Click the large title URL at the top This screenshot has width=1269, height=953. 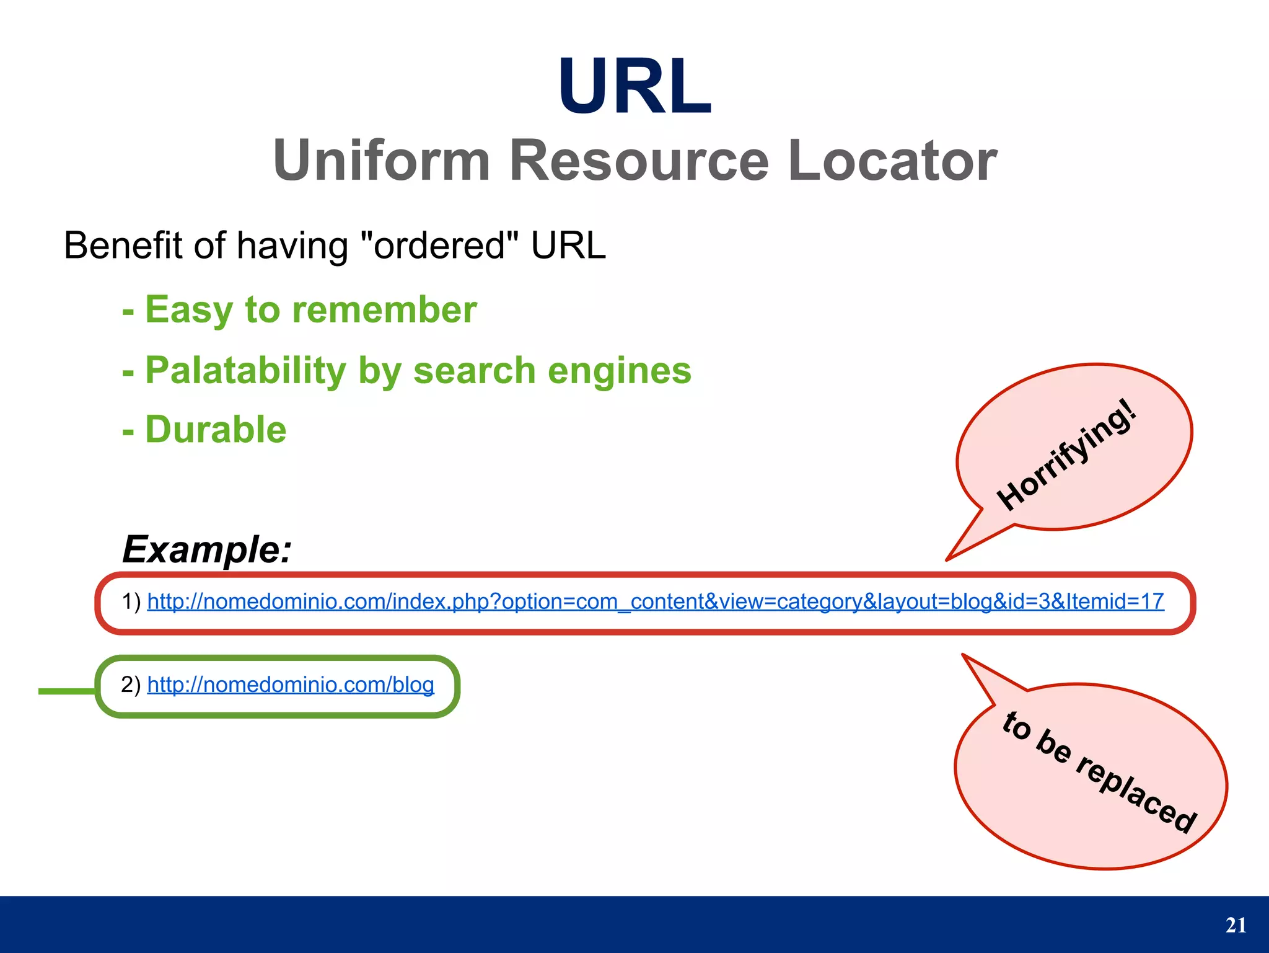(x=634, y=87)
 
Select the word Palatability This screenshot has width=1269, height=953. (x=245, y=371)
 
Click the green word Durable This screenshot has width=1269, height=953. (x=216, y=430)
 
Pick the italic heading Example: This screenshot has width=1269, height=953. (x=207, y=549)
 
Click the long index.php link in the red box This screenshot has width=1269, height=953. (x=656, y=601)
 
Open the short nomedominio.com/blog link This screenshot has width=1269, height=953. (x=291, y=685)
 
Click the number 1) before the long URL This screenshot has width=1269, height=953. (x=131, y=601)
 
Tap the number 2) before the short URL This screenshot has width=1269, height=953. (x=131, y=685)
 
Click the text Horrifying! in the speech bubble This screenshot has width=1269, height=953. (x=1067, y=456)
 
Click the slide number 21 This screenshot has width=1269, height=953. (x=1236, y=925)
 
